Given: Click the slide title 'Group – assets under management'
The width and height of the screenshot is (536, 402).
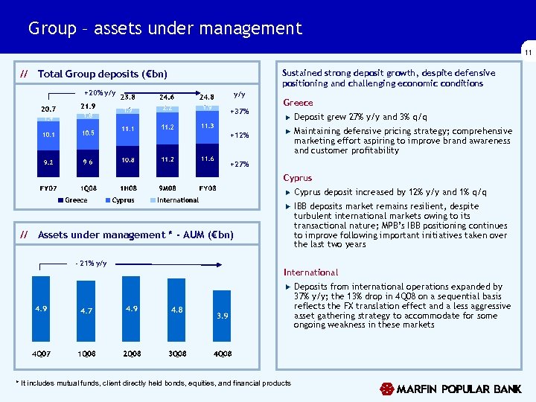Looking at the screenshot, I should tap(165, 29).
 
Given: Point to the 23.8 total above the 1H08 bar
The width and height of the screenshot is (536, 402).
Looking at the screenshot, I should tap(127, 96).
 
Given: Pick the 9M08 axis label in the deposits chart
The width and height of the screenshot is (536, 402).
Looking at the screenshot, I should tap(167, 188).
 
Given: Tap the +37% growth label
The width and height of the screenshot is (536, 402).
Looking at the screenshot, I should tap(240, 112).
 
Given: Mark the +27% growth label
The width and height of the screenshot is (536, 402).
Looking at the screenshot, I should tap(240, 165).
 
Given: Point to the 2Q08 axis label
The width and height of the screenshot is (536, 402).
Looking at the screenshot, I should tap(132, 351).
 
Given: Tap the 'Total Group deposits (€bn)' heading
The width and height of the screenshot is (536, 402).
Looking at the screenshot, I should tap(103, 74).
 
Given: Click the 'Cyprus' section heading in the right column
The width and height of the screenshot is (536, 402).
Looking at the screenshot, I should tap(298, 179).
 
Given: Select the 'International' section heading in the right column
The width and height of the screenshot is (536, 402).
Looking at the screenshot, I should tap(310, 272).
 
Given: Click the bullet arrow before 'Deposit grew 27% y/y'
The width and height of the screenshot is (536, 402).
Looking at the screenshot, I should tap(287, 118).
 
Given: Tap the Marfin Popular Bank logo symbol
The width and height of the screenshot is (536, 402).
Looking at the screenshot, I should tap(386, 389).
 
